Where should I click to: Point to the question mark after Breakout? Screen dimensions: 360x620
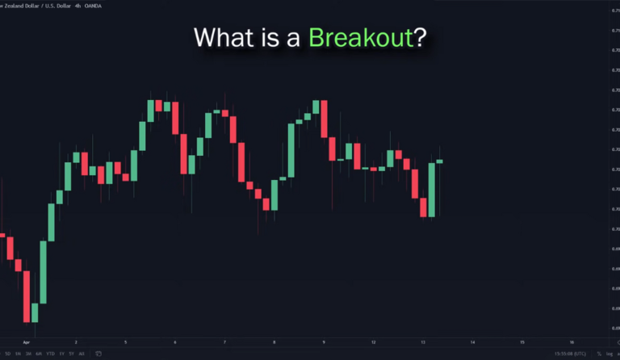(420, 37)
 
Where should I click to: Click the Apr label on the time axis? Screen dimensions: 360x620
(27, 342)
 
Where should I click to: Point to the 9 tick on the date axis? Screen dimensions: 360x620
(324, 342)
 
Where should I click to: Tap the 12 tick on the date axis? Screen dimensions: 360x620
(373, 342)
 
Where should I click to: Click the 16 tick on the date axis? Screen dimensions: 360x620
(572, 342)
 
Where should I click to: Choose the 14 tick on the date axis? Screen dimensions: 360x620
(472, 342)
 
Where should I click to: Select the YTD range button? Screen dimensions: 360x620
(50, 354)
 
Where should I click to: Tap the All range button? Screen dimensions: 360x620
(82, 354)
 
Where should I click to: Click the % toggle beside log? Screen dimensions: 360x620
(597, 354)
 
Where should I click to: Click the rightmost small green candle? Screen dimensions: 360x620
(440, 161)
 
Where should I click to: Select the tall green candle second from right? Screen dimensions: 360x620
(431, 190)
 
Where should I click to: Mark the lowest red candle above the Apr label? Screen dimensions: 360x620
(35, 312)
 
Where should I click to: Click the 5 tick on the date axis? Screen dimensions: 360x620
(125, 342)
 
